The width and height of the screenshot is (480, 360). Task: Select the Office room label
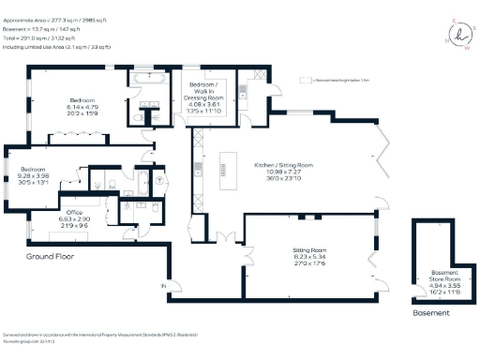(x=60, y=221)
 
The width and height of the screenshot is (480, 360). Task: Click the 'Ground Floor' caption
(x=51, y=256)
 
